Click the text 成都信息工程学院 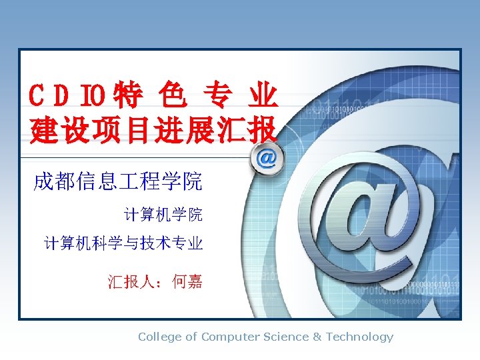point(118,181)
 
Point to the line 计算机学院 point(163,215)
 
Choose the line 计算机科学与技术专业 point(123,243)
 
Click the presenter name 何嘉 point(187,282)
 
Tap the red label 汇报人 point(132,282)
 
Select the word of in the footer point(191,337)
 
